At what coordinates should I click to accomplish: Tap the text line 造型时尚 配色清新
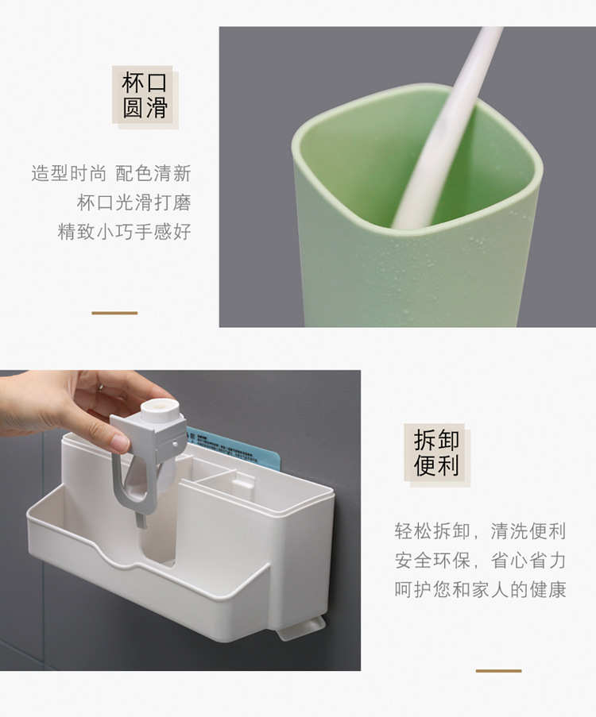111,173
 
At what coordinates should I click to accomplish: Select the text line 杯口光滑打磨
134,202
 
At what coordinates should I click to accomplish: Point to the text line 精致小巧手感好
124,232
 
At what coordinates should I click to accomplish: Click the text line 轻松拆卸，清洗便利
480,530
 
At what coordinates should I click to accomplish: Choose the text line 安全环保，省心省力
480,561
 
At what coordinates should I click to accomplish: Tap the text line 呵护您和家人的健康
480,590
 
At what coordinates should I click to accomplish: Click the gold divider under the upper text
114,313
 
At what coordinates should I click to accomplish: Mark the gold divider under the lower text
498,671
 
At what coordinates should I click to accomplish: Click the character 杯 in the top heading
132,83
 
